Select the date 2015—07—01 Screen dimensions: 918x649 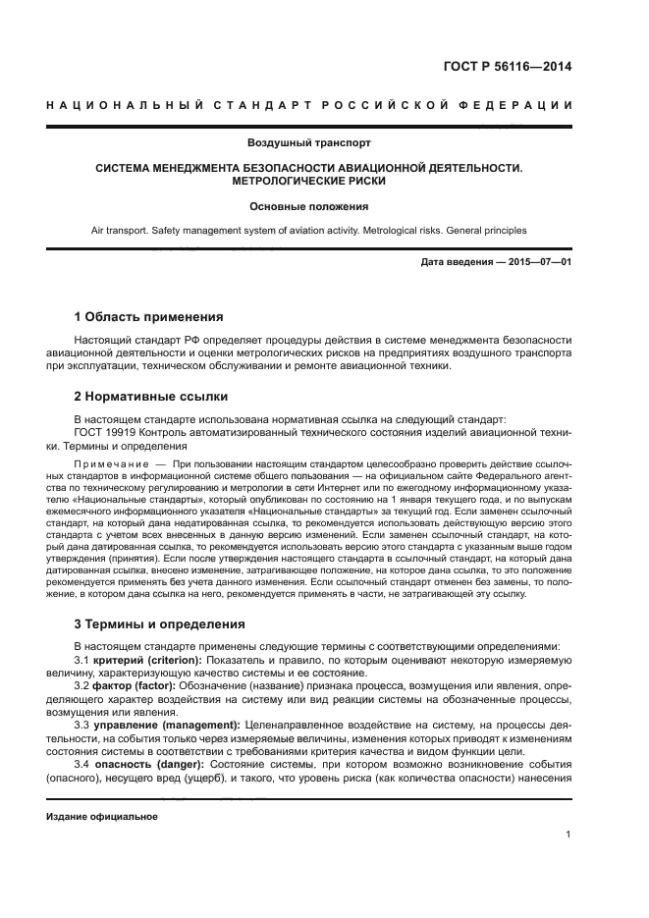[x=538, y=263]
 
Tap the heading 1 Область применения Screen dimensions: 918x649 [x=149, y=317]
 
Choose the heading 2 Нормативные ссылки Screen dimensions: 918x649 [x=151, y=397]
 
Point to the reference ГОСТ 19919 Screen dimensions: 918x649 [x=105, y=431]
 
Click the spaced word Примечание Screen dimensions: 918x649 [x=110, y=462]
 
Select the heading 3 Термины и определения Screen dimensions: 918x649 [x=160, y=624]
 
